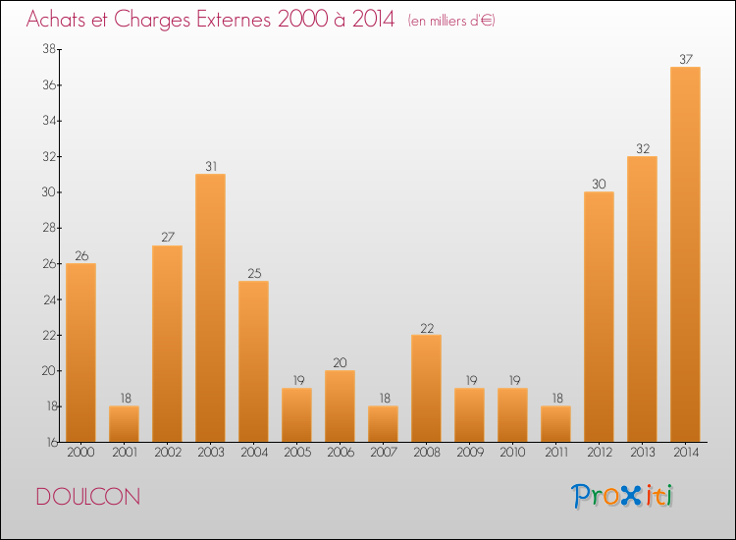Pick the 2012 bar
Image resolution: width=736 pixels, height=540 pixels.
click(x=599, y=316)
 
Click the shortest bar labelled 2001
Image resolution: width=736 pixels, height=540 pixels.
click(x=124, y=423)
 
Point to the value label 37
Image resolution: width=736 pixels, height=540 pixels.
click(x=685, y=59)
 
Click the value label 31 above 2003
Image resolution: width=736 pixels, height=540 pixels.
click(x=210, y=166)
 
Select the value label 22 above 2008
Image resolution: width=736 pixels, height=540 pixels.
click(x=426, y=327)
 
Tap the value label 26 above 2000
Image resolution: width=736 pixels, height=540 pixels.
click(x=80, y=255)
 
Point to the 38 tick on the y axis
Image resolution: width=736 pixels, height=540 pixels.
click(x=47, y=49)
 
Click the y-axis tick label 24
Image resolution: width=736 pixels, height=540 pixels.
click(x=47, y=299)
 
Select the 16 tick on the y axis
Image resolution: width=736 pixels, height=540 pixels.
click(x=47, y=442)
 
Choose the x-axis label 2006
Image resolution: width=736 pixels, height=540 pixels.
click(x=340, y=454)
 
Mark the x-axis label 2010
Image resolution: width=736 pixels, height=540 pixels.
click(x=512, y=454)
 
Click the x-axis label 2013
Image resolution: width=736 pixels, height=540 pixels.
click(x=642, y=454)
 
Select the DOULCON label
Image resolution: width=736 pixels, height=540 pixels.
click(x=87, y=497)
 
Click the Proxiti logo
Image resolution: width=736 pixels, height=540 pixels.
click(x=622, y=496)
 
